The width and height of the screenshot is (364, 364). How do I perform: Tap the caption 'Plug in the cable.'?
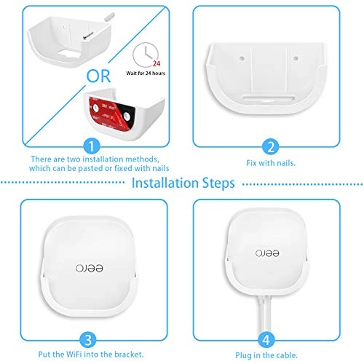(270, 355)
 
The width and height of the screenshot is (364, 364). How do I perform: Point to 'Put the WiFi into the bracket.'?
(91, 355)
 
